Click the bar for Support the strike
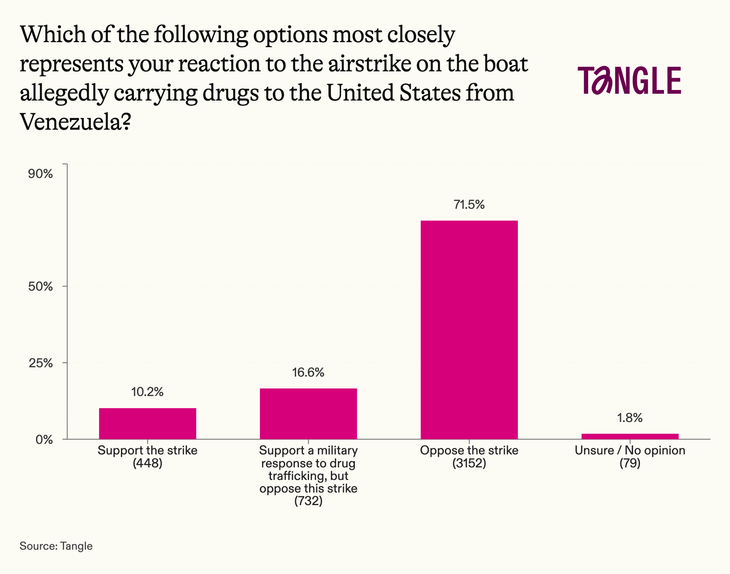(148, 423)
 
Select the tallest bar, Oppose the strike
(469, 330)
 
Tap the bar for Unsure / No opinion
(630, 436)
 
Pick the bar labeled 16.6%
(308, 413)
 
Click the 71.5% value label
(469, 205)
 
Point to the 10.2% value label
(147, 392)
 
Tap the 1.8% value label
(630, 418)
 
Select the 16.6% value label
(308, 373)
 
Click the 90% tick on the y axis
(40, 174)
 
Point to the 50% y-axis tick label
(40, 287)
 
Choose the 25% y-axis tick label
(40, 363)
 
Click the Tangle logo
(629, 80)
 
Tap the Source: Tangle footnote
(56, 546)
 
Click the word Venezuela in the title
(70, 121)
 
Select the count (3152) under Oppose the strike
(469, 463)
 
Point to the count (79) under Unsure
(630, 463)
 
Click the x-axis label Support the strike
(148, 450)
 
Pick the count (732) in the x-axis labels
(308, 501)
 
